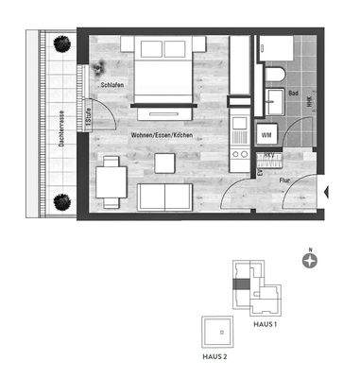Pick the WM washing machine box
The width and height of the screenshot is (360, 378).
[x=267, y=135]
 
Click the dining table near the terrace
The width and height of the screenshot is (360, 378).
[x=111, y=177]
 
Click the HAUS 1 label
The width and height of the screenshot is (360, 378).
[x=265, y=324]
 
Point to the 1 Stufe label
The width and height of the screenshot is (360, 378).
[x=86, y=121]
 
